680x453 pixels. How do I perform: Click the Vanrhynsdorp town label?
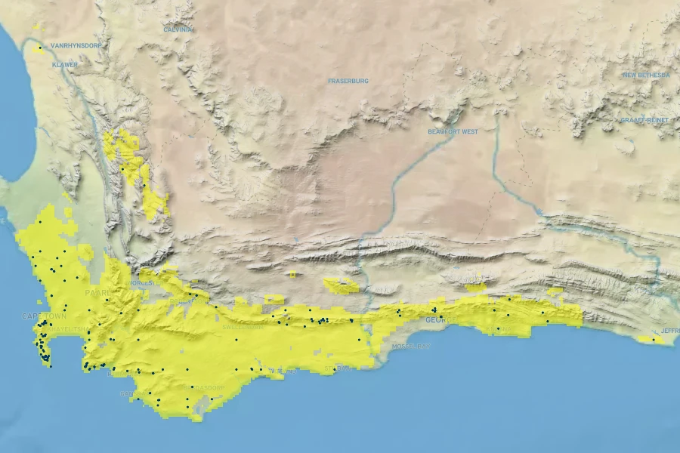tap(76, 46)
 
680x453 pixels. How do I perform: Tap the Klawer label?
tap(64, 65)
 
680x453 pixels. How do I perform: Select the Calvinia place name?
tap(178, 29)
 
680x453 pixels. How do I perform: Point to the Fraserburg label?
tap(348, 81)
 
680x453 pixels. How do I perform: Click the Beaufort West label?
tap(452, 132)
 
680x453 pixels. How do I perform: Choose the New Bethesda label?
tap(646, 75)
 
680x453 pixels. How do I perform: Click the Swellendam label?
tap(243, 328)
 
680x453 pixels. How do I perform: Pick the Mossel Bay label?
tap(412, 346)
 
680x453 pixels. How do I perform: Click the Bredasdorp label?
tap(204, 387)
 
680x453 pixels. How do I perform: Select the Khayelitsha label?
tap(66, 329)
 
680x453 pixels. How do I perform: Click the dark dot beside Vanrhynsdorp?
tap(39, 47)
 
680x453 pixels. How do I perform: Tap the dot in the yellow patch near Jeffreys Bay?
tap(654, 340)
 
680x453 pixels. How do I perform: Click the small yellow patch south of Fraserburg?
tap(292, 274)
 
